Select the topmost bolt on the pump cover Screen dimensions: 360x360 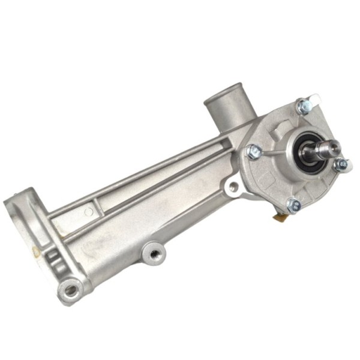coord(305,107)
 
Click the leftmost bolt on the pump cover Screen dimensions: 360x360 coord(253,151)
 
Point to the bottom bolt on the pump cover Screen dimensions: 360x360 coord(294,206)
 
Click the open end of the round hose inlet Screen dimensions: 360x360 coord(227,96)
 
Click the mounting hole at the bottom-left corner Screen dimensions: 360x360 coord(71,291)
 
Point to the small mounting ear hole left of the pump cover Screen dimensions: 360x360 coord(233,187)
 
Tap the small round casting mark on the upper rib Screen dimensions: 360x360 coord(89,211)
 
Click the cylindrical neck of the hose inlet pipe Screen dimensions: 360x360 coord(231,111)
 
